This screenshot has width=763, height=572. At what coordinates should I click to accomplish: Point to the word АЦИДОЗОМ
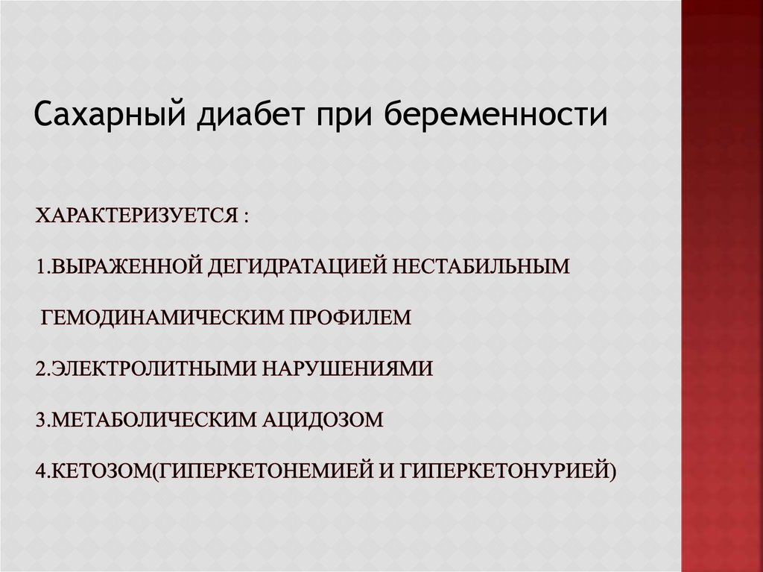pyautogui.click(x=322, y=420)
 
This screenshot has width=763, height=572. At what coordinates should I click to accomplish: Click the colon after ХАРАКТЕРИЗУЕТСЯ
pyautogui.click(x=244, y=217)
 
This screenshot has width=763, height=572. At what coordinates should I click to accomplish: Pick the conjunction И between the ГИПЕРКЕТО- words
pyautogui.click(x=387, y=471)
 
